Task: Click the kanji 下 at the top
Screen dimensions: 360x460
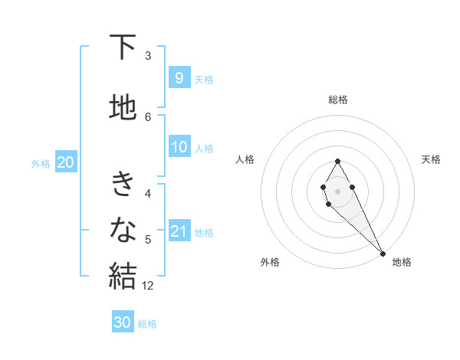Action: [123, 48]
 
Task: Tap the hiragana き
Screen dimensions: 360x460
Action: [123, 185]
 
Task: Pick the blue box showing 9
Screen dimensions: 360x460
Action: [179, 77]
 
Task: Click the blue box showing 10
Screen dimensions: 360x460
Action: [179, 148]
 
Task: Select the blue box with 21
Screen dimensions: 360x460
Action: [179, 232]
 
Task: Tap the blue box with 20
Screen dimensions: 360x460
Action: [65, 162]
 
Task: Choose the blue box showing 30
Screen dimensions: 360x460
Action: [123, 322]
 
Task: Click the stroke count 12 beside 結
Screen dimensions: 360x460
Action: [148, 286]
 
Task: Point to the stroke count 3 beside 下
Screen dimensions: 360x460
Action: [148, 56]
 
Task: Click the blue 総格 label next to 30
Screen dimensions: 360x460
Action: [147, 324]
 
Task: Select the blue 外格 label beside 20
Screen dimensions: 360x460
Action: [41, 163]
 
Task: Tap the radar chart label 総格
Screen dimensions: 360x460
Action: [337, 100]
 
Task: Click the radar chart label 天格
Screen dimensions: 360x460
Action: [431, 159]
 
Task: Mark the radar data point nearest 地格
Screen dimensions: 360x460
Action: [383, 254]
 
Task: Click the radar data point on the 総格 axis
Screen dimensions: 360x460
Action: [337, 161]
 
